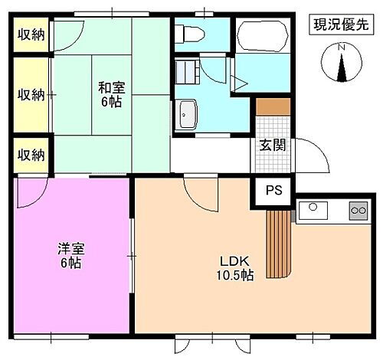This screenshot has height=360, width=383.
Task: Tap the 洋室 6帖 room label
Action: point(70,255)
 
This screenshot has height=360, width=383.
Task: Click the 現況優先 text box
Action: point(336,25)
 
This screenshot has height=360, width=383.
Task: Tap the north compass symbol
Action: point(342,62)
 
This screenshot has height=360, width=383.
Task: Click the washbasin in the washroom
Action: point(188,116)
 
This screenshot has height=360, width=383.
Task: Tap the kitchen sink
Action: point(313,208)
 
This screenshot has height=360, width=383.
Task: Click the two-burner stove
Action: point(357,208)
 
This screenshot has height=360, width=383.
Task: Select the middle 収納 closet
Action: point(31,94)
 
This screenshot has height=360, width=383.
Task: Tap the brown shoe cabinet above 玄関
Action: point(273,106)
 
